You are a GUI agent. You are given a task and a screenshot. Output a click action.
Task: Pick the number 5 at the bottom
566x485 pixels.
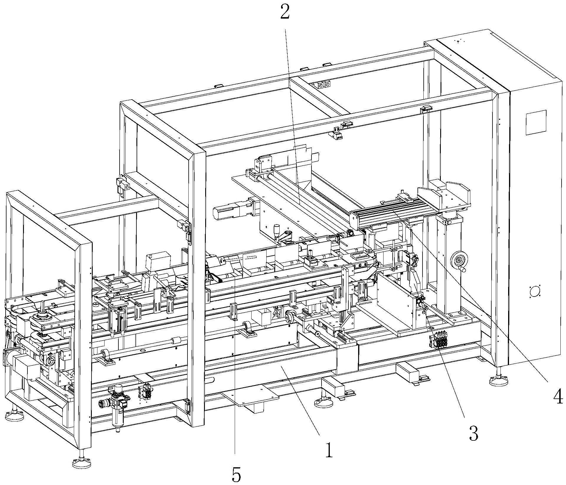[x=236, y=475]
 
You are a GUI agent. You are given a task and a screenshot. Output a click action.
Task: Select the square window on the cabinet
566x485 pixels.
[x=536, y=122]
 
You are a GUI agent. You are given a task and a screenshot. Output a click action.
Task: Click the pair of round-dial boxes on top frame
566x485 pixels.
[x=323, y=85]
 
